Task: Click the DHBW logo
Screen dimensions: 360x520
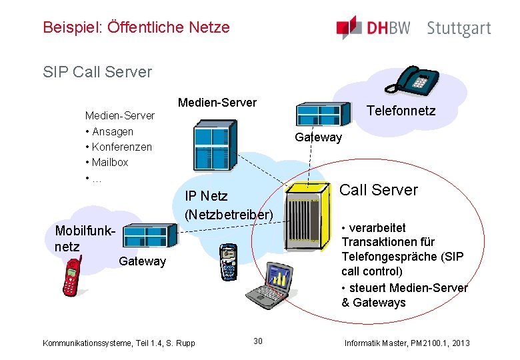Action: click(x=373, y=28)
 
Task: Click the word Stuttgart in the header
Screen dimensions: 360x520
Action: click(x=459, y=29)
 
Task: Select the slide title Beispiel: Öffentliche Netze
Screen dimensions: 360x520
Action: click(x=136, y=27)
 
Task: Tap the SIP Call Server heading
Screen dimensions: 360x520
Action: click(x=97, y=71)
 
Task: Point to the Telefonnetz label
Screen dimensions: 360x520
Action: click(x=401, y=111)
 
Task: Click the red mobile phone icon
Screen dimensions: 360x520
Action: click(x=71, y=275)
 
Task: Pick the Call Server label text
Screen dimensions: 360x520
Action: click(x=379, y=190)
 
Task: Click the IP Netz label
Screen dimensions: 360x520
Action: click(x=206, y=196)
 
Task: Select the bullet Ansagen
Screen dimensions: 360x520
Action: click(x=112, y=131)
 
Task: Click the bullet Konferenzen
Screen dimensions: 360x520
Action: click(x=121, y=147)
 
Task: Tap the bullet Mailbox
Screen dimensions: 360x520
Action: click(x=110, y=162)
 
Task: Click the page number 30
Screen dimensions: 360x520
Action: click(x=258, y=341)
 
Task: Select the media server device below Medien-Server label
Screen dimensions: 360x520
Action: click(x=213, y=146)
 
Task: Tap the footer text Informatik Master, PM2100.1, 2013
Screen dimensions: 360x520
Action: click(x=407, y=343)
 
